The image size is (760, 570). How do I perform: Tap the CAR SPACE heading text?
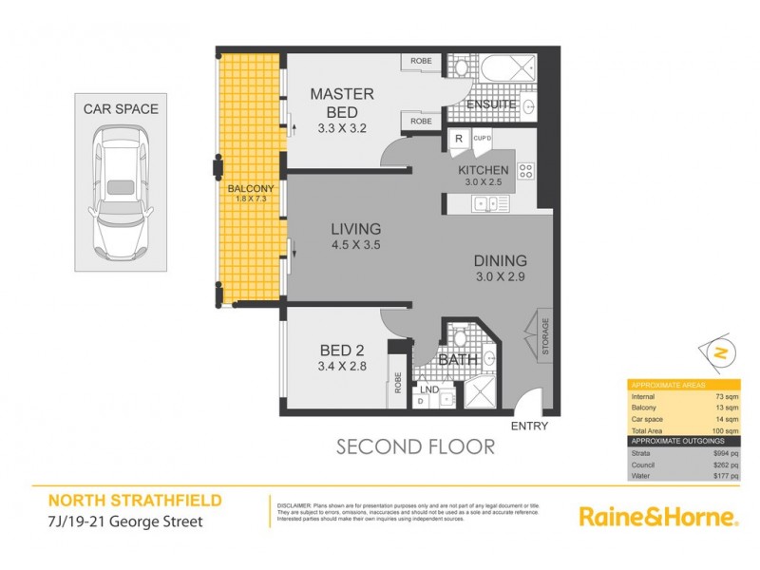[120, 109]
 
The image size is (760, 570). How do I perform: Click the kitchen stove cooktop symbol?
[525, 172]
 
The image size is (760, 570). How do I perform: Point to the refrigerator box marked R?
[458, 139]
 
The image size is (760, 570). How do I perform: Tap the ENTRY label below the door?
[528, 427]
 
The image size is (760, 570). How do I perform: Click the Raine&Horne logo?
[658, 517]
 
